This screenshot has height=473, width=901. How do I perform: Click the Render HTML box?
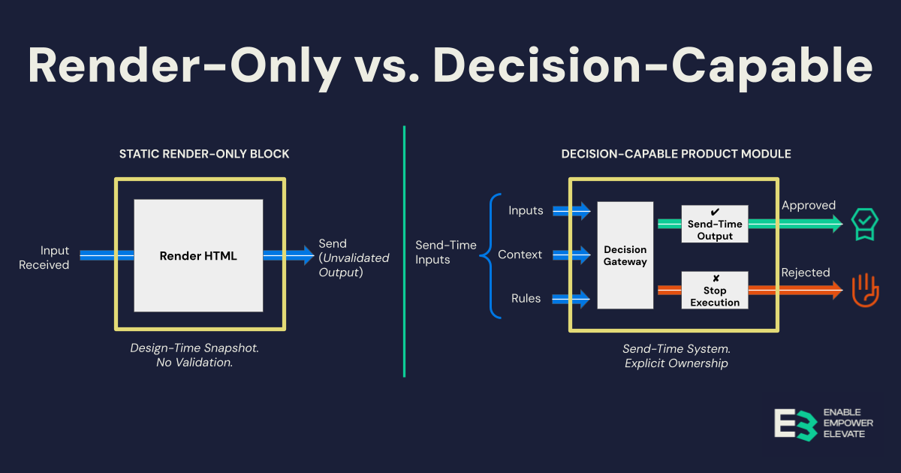pyautogui.click(x=198, y=255)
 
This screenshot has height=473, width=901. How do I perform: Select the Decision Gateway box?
pyautogui.click(x=625, y=255)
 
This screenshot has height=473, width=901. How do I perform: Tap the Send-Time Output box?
pyautogui.click(x=715, y=224)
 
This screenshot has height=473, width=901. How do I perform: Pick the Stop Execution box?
pyautogui.click(x=715, y=290)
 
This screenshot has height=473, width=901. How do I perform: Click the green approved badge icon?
pyautogui.click(x=864, y=223)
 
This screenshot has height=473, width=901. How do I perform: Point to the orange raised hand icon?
pyautogui.click(x=865, y=290)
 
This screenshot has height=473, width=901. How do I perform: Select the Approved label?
pyautogui.click(x=809, y=205)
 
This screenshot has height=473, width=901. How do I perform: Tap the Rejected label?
pyautogui.click(x=806, y=273)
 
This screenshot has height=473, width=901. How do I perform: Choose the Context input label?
pyautogui.click(x=520, y=255)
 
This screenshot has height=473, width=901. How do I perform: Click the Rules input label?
pyautogui.click(x=526, y=298)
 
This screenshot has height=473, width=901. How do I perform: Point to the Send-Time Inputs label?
pyautogui.click(x=446, y=252)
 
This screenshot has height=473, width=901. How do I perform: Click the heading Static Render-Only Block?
pyautogui.click(x=204, y=154)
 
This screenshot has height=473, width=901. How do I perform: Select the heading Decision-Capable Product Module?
pyautogui.click(x=676, y=154)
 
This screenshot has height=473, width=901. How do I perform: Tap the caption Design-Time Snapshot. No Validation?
pyautogui.click(x=200, y=355)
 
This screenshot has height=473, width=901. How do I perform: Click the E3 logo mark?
pyautogui.click(x=794, y=424)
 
